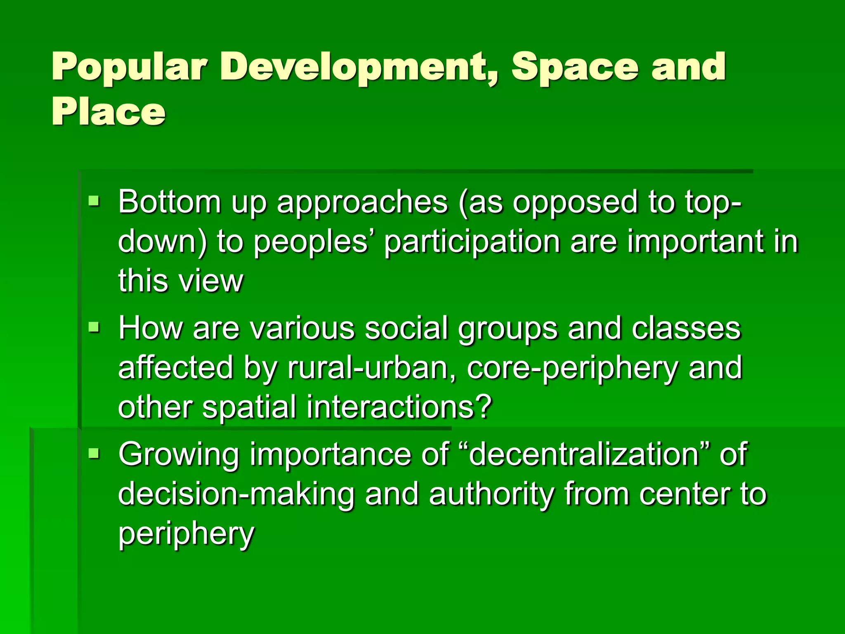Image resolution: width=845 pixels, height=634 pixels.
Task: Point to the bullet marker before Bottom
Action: click(94, 201)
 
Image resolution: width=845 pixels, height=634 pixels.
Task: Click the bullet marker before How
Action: click(94, 328)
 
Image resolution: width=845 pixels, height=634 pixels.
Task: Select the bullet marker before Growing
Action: click(94, 454)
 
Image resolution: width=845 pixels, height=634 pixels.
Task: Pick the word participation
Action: click(472, 243)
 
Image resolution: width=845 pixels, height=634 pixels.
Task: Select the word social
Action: click(406, 328)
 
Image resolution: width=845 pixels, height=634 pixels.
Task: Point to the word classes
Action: click(686, 328)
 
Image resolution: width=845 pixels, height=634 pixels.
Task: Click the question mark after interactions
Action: click(483, 407)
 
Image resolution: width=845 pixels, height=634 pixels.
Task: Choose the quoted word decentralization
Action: click(583, 454)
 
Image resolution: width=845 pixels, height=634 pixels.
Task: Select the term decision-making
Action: click(236, 494)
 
